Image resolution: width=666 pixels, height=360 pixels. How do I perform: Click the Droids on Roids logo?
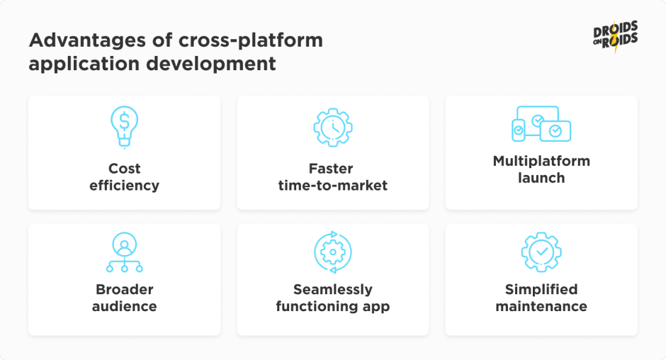click(x=616, y=37)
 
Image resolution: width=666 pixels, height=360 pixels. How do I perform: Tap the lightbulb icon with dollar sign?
click(x=124, y=127)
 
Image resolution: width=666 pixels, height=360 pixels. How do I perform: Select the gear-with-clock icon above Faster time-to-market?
click(x=333, y=127)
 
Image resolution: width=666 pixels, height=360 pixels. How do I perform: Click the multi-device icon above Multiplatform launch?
click(x=541, y=124)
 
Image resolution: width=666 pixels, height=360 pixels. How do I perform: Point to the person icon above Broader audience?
click(x=125, y=252)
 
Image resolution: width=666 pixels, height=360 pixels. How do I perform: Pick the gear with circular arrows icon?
click(x=333, y=252)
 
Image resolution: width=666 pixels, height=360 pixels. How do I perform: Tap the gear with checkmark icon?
click(x=541, y=252)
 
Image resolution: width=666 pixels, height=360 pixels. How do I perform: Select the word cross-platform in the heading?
click(x=251, y=41)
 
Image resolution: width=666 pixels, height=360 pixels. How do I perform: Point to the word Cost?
click(x=125, y=169)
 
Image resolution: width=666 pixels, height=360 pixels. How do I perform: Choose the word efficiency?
click(x=125, y=186)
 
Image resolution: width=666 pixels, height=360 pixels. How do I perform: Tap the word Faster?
click(x=331, y=169)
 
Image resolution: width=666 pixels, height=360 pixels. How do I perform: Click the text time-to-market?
click(x=333, y=185)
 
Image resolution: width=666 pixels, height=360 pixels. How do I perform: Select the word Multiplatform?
click(x=541, y=162)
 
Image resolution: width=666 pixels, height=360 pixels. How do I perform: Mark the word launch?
click(x=541, y=178)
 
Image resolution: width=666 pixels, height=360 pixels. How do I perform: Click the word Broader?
click(x=125, y=289)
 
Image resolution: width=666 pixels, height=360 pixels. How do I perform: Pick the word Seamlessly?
click(x=333, y=290)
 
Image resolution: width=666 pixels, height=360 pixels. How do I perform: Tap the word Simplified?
click(x=541, y=289)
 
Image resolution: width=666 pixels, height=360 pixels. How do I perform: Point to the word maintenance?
click(x=541, y=306)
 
